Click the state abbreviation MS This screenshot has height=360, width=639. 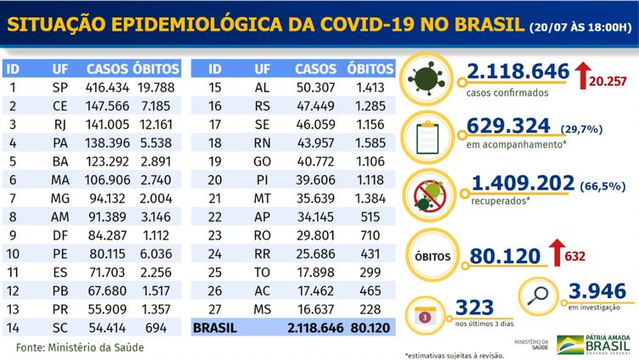click(263, 308)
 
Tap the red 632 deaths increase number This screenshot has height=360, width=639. click(575, 255)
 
